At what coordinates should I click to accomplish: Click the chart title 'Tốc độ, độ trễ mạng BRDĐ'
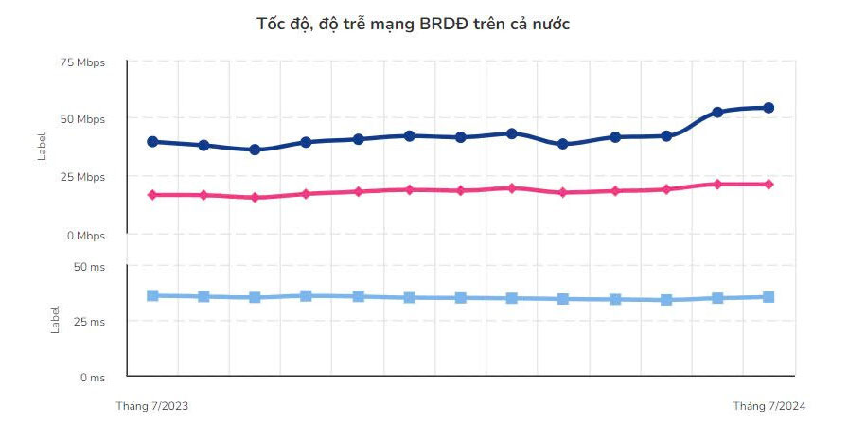coord(414,24)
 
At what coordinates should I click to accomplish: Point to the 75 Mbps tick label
coord(82,62)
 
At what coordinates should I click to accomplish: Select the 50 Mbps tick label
coord(82,119)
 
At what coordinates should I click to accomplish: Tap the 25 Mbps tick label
coord(82,177)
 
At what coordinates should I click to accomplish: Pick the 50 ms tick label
coord(89,267)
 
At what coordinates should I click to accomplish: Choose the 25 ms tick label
coord(89,322)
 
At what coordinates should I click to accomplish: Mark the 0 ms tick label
coord(92,378)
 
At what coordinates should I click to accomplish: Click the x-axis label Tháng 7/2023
coord(152,405)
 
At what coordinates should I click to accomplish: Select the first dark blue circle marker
coord(152,142)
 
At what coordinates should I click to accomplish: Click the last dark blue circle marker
coord(769,108)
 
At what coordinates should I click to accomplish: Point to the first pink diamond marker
coord(152,195)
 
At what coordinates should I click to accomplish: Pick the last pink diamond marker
coord(769,184)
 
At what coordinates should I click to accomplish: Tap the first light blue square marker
coord(152,295)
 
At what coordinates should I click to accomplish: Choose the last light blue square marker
coord(769,297)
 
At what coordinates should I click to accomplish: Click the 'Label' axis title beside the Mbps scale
coord(42,147)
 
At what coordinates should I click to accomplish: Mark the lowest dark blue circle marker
coord(255,150)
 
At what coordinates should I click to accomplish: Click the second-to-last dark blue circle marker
coord(717,112)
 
